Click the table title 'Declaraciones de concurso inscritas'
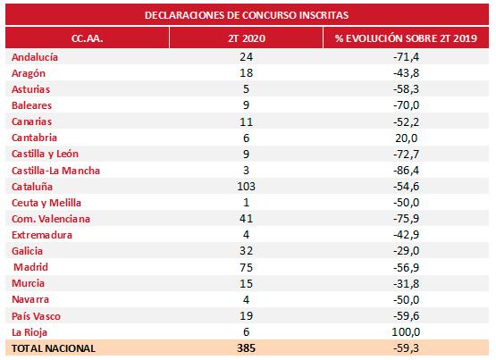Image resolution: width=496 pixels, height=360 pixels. point(247,15)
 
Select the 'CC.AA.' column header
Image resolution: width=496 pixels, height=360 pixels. point(88,38)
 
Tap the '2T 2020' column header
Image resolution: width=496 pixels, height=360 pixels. point(247,38)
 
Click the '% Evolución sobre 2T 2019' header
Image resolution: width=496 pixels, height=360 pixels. point(406,38)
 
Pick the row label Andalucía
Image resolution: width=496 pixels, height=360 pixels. point(35,57)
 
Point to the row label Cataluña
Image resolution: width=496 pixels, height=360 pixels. point(32,187)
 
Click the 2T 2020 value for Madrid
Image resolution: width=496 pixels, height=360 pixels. point(246,267)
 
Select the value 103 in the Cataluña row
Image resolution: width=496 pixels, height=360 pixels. point(246,187)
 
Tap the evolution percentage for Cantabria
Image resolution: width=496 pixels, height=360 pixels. point(406,138)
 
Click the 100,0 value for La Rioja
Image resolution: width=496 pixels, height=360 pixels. point(406,332)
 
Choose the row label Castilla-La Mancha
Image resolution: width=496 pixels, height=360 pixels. point(55,171)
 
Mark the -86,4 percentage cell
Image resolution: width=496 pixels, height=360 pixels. point(406,171)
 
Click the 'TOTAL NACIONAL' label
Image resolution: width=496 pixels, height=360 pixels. point(54,348)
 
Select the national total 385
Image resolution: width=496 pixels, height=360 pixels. point(246,348)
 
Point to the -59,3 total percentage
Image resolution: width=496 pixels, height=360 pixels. point(406,348)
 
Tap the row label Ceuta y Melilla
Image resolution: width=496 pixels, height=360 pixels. point(46,203)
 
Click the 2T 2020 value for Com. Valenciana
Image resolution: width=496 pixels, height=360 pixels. point(246,218)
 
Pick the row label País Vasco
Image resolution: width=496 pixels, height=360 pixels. point(36,316)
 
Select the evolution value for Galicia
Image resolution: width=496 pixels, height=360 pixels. point(406,251)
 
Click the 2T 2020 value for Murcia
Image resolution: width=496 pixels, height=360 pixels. point(246,283)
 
